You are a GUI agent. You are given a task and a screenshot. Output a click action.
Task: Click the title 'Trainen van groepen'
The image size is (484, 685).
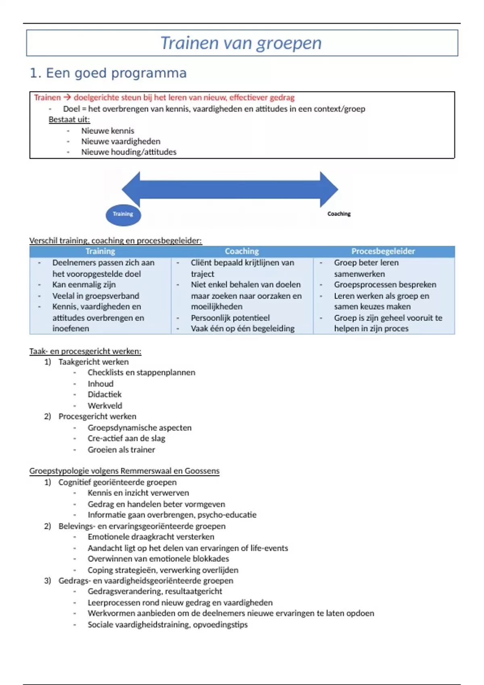point(241,43)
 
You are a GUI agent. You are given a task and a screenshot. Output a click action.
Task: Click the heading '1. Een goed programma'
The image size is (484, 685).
point(108,73)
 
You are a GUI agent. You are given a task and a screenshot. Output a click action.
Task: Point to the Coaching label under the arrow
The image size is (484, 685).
point(339,214)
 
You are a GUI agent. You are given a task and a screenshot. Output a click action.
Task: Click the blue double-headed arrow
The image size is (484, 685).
point(230,189)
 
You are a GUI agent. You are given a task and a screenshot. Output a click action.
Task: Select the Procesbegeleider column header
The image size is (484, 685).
point(383,251)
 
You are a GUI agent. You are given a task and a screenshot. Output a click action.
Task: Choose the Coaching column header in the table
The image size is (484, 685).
point(242,251)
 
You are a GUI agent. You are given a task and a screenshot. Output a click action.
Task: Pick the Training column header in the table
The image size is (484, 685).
point(100,251)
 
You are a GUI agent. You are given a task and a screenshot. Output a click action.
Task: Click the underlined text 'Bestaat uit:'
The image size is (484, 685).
point(69,120)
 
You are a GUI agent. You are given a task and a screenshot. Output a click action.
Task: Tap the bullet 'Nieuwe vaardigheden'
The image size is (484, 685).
point(121,141)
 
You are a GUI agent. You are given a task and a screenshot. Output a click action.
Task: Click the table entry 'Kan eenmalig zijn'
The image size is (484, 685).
point(84,284)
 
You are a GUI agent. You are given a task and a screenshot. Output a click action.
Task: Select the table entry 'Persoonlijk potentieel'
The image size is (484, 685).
point(230,318)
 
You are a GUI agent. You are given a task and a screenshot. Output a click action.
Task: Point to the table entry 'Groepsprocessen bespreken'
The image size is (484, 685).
point(385,284)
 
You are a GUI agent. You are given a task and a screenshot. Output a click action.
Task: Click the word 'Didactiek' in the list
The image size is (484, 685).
point(104,394)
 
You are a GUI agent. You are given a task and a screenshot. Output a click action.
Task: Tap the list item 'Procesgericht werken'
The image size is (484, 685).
point(97,417)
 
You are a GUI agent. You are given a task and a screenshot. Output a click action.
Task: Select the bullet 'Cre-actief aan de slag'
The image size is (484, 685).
point(126,438)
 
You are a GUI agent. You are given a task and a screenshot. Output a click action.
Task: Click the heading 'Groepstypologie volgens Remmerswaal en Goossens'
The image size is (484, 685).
point(124,471)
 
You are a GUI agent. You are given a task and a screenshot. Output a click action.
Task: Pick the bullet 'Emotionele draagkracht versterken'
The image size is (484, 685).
point(151,537)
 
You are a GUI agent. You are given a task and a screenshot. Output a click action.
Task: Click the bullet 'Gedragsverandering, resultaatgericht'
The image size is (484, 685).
point(155,592)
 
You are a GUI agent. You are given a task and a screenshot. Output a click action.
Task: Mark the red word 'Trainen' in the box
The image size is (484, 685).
point(47,98)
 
